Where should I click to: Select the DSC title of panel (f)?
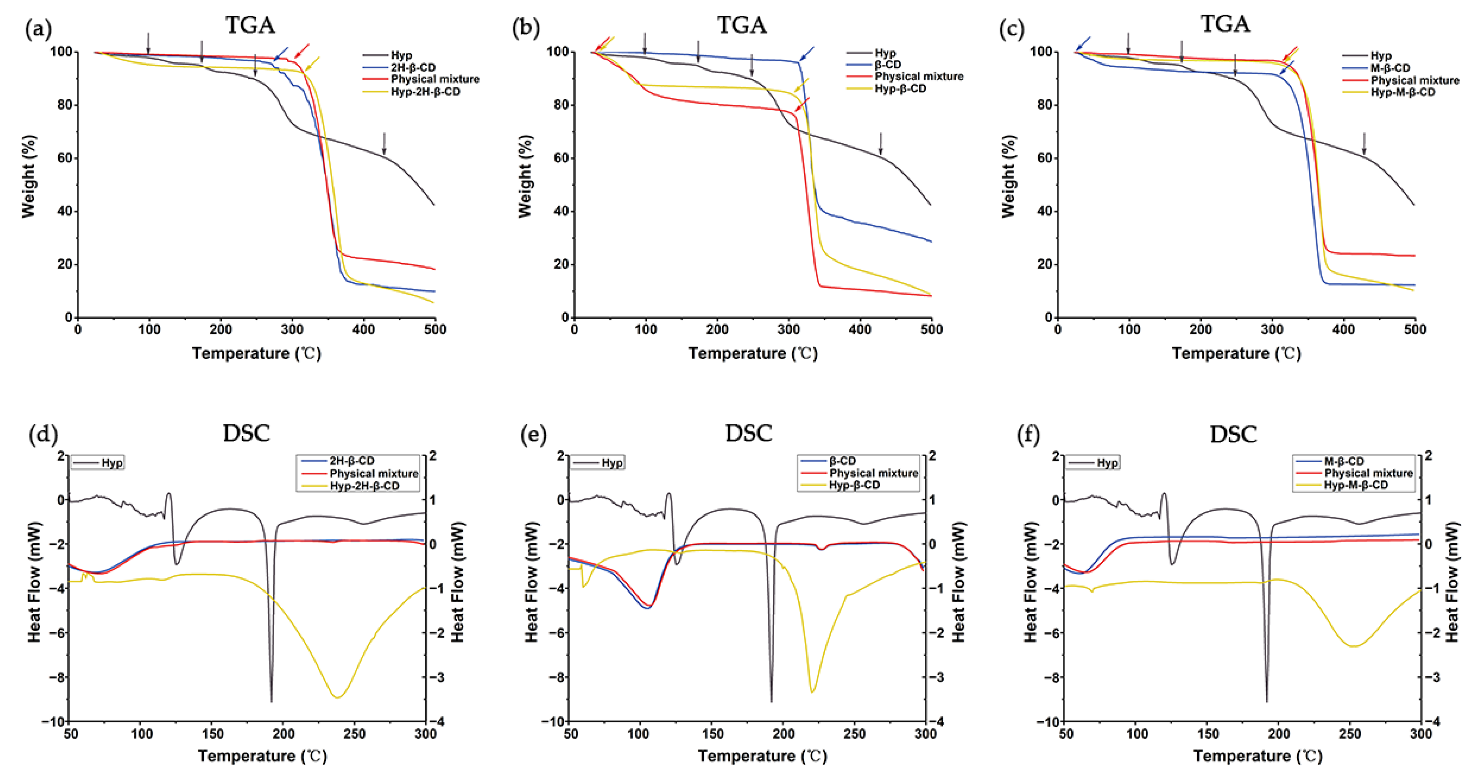tap(1233, 434)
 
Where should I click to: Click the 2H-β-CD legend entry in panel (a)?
tap(413, 67)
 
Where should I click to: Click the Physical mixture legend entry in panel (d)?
tap(373, 474)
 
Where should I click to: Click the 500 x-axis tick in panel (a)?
tap(435, 330)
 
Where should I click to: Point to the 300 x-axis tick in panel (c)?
tap(1272, 330)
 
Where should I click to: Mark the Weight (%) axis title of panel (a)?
tap(29, 176)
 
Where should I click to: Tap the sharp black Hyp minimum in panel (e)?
tap(772, 700)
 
